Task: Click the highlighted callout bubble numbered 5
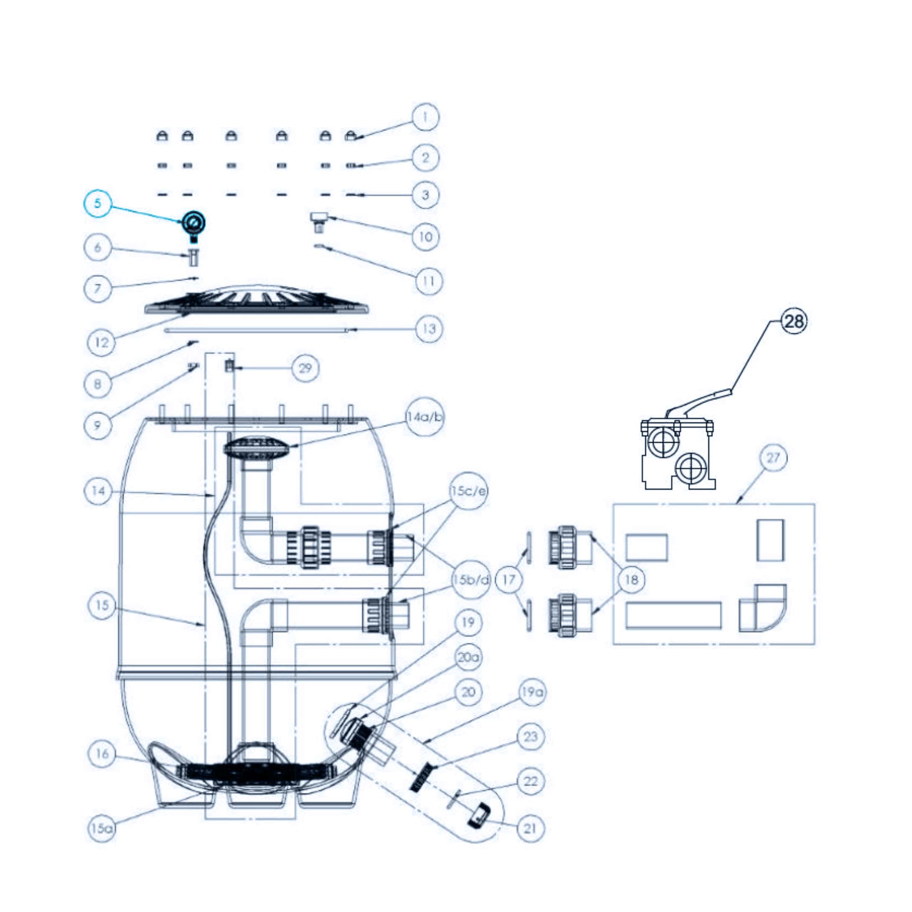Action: [98, 203]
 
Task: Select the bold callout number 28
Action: [794, 321]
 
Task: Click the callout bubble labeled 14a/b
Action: [425, 417]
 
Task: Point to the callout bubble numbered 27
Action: [773, 457]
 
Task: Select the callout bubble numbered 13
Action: [429, 329]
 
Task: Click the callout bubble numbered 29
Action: [305, 368]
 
